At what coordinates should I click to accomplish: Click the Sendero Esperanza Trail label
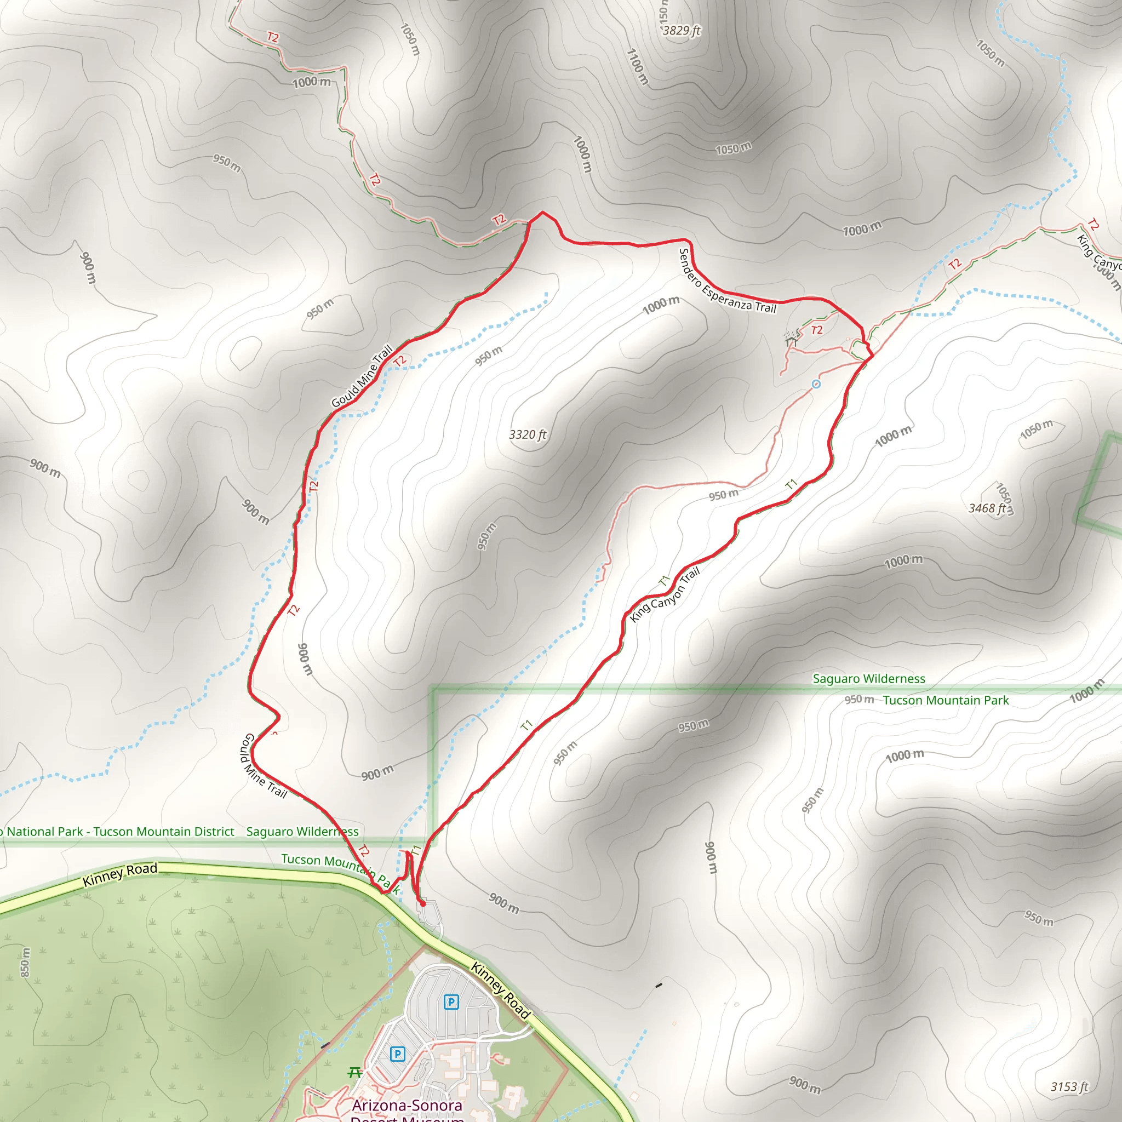pos(727,281)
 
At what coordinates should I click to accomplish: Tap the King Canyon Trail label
pos(665,596)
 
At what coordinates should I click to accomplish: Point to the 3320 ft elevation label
pos(528,434)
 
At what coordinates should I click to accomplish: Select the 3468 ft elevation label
pos(987,508)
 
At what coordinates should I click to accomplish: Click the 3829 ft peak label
pos(682,30)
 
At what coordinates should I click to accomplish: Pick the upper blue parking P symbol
pos(451,1002)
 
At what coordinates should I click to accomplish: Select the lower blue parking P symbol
pos(397,1054)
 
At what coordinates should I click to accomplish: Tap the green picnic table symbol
pos(355,1072)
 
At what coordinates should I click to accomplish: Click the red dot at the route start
pos(423,903)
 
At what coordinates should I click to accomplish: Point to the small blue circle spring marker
pos(816,384)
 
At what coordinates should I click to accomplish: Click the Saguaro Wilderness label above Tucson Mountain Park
pos(869,678)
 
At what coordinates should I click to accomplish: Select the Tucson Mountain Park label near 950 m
pos(946,700)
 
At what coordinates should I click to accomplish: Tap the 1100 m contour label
pos(637,67)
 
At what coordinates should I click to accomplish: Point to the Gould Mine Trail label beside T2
pos(362,376)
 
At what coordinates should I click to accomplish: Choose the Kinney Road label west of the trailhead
pos(119,874)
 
